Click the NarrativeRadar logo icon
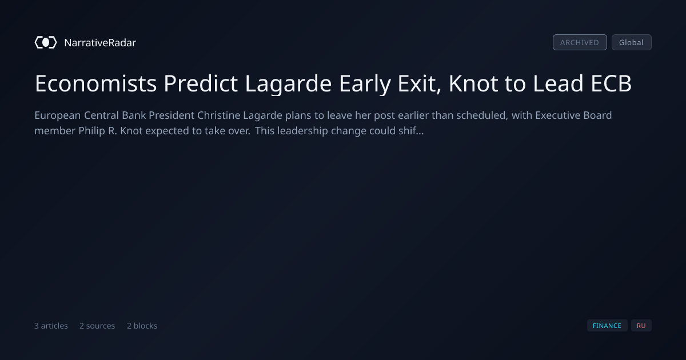point(46,42)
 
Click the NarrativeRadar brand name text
point(100,42)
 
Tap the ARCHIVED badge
point(580,42)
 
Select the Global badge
point(632,42)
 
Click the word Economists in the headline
point(95,83)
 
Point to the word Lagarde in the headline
point(288,84)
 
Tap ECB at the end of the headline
point(611,83)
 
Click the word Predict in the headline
point(201,83)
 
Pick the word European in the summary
point(58,115)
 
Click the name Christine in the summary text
point(218,115)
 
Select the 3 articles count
point(51,326)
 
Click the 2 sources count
point(97,326)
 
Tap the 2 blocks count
point(142,326)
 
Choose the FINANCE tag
point(607,326)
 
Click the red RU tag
point(641,326)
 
